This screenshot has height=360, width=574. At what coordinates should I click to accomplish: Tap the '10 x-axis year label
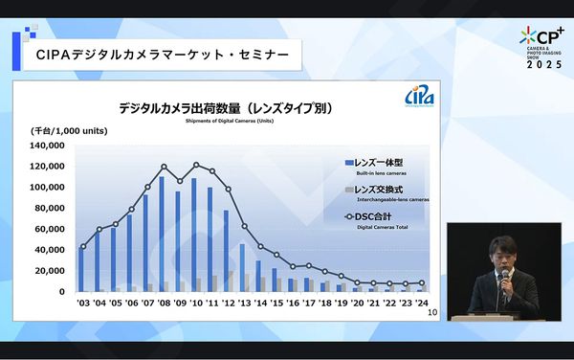pyautogui.click(x=195, y=302)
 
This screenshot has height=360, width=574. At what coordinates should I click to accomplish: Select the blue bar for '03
pyautogui.click(x=80, y=269)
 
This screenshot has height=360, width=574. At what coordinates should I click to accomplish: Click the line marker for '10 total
pyautogui.click(x=196, y=166)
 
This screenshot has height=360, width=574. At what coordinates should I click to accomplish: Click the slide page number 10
pyautogui.click(x=431, y=312)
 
